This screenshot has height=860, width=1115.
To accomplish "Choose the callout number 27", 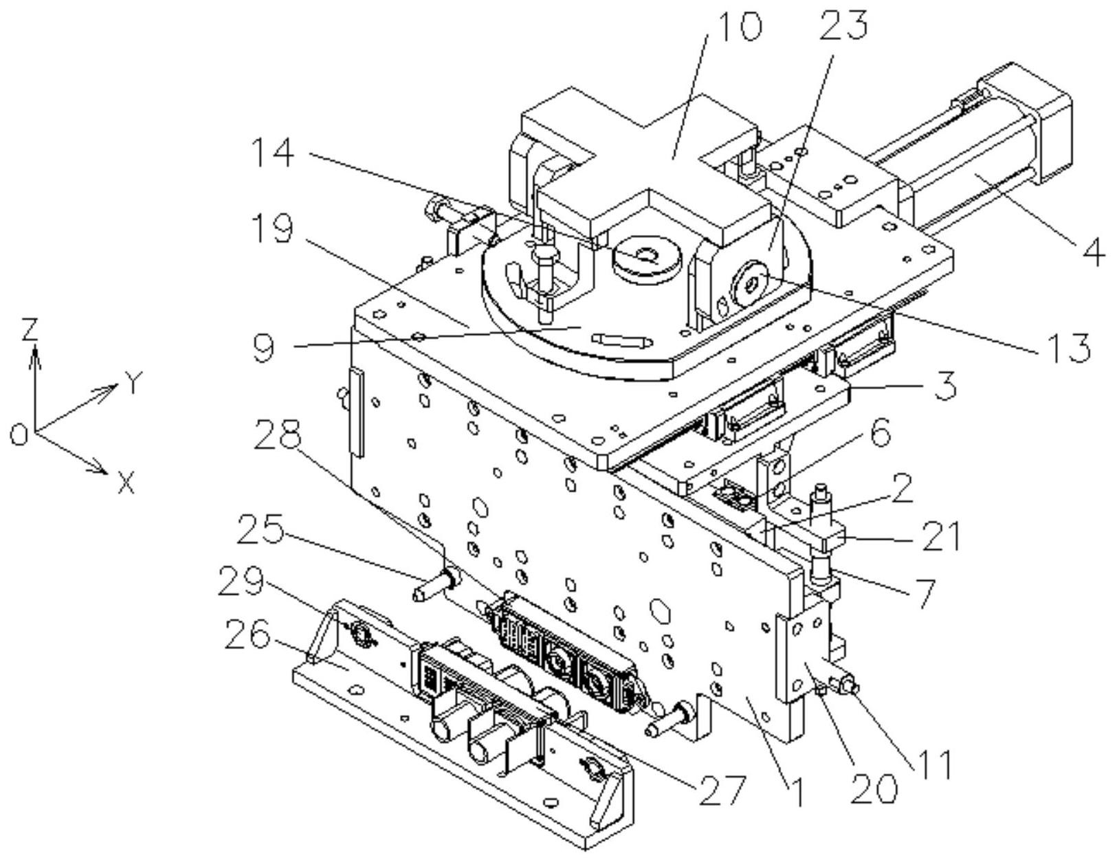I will coord(720,791).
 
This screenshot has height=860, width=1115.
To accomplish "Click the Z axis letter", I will coord(29,331).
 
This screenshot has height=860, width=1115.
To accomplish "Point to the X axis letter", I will coord(125,485).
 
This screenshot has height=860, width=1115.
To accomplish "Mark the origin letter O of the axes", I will coord(19,435).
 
